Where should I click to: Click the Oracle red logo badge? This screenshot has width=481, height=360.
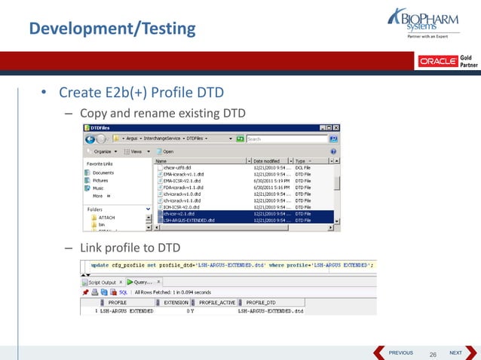click(437, 61)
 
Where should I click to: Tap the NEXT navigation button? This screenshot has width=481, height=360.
click(455, 352)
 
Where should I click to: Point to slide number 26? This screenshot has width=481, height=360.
click(432, 354)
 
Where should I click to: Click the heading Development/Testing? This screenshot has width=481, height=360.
click(112, 29)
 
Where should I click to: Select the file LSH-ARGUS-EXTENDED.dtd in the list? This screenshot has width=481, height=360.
click(188, 221)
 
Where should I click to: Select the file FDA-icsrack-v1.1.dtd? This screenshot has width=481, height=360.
click(184, 188)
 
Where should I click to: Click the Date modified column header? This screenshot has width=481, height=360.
click(269, 161)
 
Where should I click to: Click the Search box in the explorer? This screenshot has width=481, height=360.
click(286, 139)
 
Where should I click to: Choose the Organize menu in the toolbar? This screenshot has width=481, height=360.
click(105, 151)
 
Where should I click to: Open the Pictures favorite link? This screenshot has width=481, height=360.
click(100, 181)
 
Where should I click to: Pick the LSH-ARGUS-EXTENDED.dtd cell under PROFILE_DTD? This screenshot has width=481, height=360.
click(271, 310)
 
